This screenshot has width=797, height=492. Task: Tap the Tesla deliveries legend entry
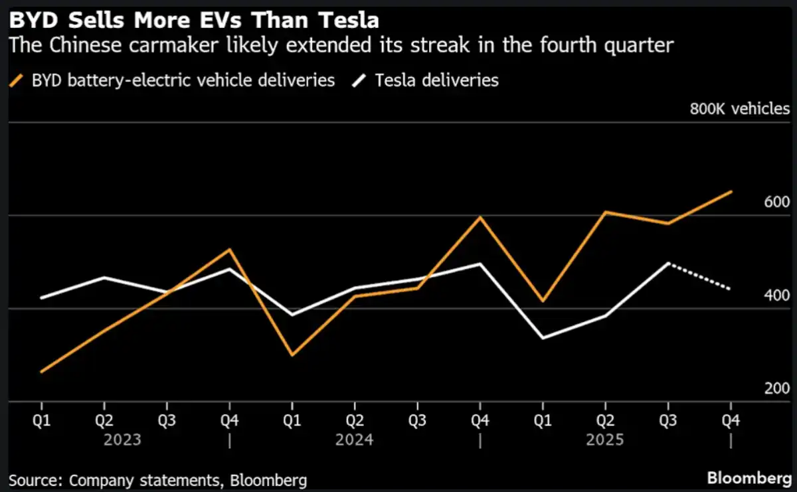click(x=436, y=81)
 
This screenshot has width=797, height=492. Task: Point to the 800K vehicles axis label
click(x=739, y=109)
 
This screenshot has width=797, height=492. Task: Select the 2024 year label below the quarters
click(x=355, y=440)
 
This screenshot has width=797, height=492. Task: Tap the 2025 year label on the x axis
click(x=605, y=440)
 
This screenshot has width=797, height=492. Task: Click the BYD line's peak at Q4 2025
click(x=731, y=192)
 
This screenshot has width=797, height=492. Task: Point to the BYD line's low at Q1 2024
click(x=292, y=355)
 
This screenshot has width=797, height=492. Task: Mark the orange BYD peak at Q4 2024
click(x=480, y=217)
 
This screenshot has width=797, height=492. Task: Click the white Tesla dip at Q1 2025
click(x=543, y=338)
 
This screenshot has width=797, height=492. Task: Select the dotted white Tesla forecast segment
click(x=699, y=276)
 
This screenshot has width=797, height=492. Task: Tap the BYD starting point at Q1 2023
click(x=42, y=372)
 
